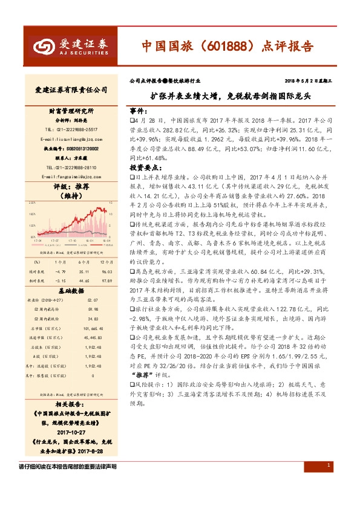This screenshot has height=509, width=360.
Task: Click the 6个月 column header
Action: click(83, 262)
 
